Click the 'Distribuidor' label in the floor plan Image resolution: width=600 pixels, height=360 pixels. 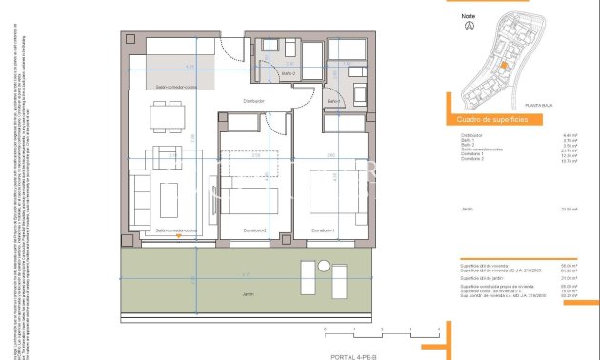tap(253, 100)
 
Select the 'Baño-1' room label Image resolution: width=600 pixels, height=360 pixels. tap(333, 101)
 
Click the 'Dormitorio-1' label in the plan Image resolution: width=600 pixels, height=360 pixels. tap(327, 230)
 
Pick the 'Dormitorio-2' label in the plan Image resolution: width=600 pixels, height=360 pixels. tap(253, 230)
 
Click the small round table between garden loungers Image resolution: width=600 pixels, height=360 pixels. tap(320, 281)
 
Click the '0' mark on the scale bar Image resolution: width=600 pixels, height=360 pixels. tap(326, 329)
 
